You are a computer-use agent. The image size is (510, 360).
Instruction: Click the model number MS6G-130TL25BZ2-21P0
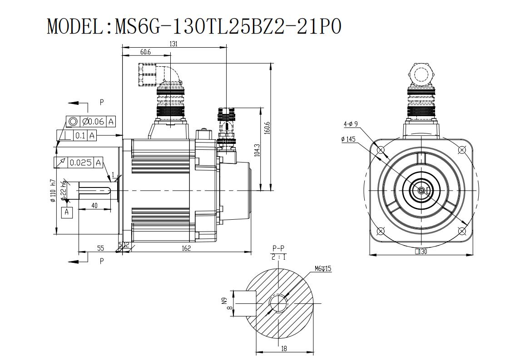[228, 26]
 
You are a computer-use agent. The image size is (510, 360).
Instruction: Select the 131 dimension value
[173, 44]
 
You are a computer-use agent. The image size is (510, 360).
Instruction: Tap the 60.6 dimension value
[145, 52]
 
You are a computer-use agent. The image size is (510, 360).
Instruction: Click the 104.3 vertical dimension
[257, 150]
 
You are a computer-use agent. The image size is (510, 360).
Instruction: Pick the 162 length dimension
[186, 248]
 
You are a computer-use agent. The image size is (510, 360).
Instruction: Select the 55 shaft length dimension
[100, 248]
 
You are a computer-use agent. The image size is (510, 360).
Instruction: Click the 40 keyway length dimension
[94, 206]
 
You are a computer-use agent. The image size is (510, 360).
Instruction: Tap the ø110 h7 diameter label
[53, 192]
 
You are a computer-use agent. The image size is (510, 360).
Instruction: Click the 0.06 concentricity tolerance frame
[91, 122]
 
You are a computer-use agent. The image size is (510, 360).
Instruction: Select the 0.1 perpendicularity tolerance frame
[77, 135]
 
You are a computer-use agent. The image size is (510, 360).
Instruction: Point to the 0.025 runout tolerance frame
[78, 162]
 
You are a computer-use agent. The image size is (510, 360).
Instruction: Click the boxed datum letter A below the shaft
[67, 212]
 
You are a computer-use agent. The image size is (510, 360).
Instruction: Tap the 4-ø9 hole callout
[351, 124]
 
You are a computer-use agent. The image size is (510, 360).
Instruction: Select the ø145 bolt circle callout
[348, 139]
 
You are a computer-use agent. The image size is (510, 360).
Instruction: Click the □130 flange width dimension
[421, 252]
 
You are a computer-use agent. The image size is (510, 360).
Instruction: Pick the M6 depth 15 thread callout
[323, 269]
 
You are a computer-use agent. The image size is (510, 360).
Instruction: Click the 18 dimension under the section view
[284, 348]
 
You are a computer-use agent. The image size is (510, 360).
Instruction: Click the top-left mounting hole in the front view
[381, 150]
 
